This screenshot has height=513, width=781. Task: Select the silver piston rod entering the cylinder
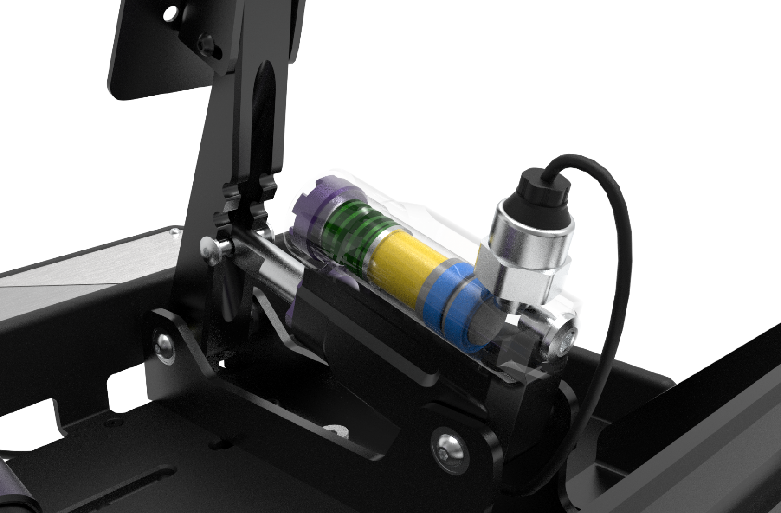click(x=269, y=269)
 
